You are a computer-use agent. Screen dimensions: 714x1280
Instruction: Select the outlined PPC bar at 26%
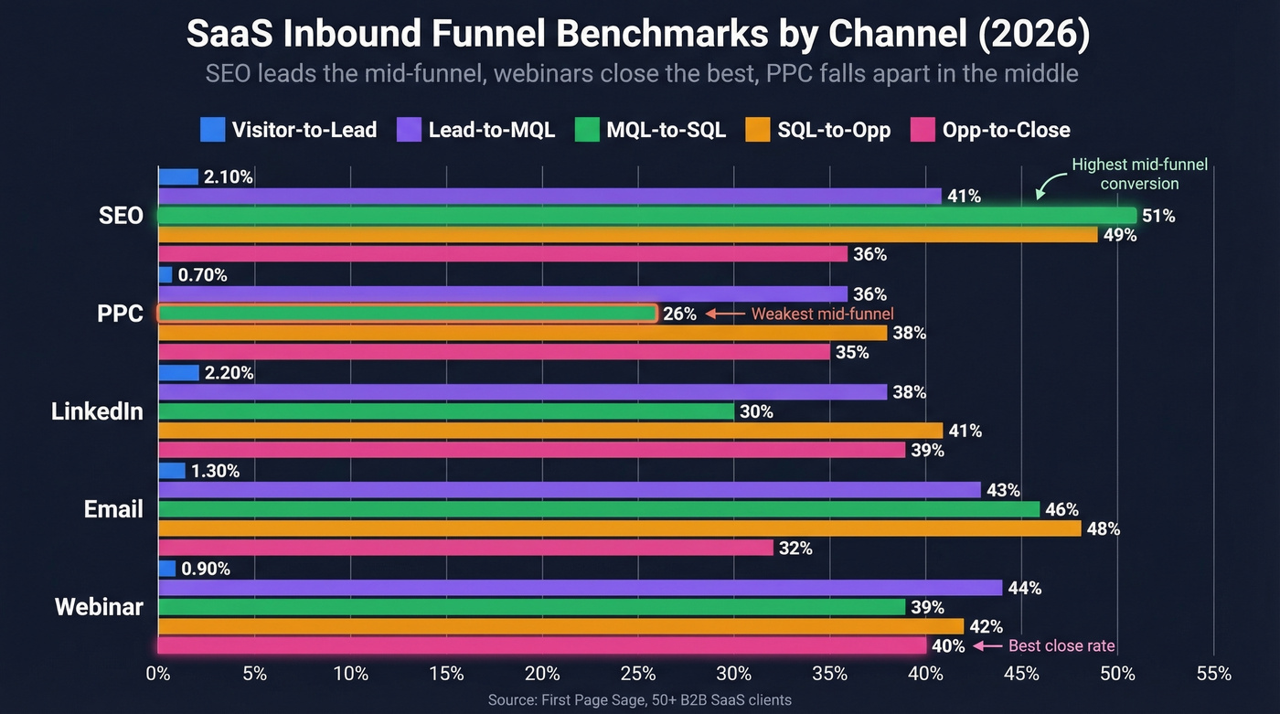[x=407, y=314]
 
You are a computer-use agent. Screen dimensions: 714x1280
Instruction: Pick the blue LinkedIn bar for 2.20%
[x=178, y=373]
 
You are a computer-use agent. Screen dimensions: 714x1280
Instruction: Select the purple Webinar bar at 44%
[x=580, y=588]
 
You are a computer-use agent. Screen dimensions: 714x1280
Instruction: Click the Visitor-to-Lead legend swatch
[x=212, y=130]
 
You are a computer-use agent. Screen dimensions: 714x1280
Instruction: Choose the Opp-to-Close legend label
[x=1006, y=130]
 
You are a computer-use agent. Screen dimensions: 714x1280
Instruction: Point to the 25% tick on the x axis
[x=637, y=675]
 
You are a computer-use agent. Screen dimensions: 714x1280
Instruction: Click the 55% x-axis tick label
[x=1213, y=675]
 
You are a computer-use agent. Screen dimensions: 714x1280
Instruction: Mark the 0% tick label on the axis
[x=158, y=675]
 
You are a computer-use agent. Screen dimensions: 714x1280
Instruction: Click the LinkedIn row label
[x=97, y=411]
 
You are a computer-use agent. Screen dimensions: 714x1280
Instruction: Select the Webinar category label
[x=99, y=607]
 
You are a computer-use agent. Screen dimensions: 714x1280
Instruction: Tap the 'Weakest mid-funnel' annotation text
[x=822, y=314]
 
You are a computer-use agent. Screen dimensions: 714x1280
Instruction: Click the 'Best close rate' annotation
[x=1061, y=645]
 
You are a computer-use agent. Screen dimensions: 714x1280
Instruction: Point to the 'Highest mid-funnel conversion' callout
[x=1139, y=174]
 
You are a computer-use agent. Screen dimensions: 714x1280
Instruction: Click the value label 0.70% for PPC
[x=204, y=274]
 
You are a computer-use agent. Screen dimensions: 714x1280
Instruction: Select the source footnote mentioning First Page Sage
[x=640, y=700]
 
